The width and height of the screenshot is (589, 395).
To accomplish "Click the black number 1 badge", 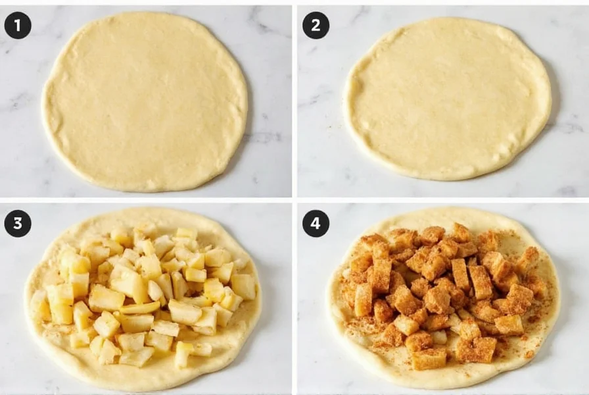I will pyautogui.click(x=17, y=25).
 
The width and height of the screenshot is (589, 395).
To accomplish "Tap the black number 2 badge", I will pyautogui.click(x=316, y=25).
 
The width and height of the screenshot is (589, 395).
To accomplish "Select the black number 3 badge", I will pyautogui.click(x=17, y=224).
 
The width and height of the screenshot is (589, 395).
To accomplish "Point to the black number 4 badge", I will pyautogui.click(x=316, y=224).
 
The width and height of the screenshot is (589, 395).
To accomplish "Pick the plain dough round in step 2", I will pyautogui.click(x=447, y=99).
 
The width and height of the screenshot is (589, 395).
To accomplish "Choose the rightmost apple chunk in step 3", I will pyautogui.click(x=244, y=286).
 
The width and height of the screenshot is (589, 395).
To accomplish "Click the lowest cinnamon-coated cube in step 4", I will pyautogui.click(x=427, y=359).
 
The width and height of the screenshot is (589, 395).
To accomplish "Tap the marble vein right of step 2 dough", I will pyautogui.click(x=565, y=125).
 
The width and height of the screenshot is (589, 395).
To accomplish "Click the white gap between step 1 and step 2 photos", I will pyautogui.click(x=294, y=99).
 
